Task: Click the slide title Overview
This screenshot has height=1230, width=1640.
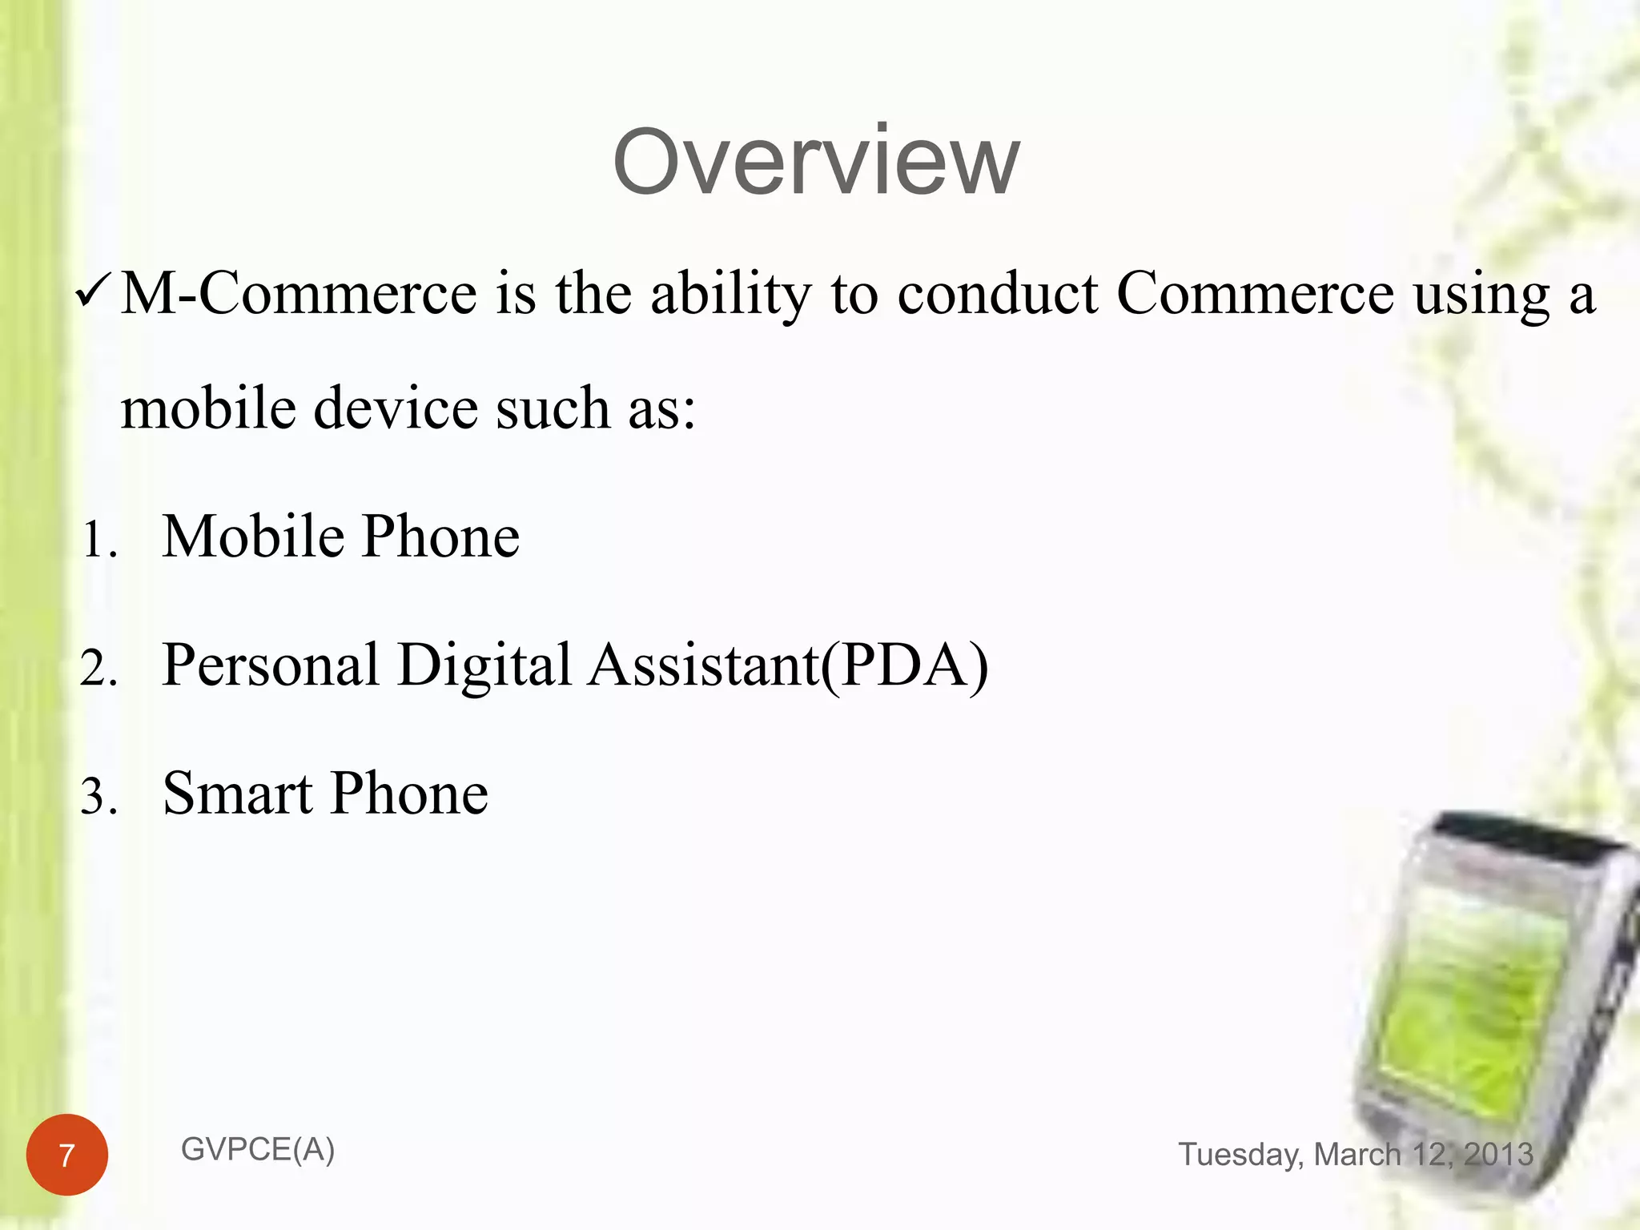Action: click(816, 163)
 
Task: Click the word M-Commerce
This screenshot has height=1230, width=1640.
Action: click(299, 294)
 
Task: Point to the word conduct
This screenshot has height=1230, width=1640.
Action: click(998, 294)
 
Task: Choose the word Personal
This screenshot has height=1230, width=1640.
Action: click(271, 665)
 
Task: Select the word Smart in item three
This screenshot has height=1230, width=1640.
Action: click(237, 794)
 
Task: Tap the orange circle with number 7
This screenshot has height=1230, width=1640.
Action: click(67, 1155)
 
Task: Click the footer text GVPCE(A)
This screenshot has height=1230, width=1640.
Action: click(258, 1150)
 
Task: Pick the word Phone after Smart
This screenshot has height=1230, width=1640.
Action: click(409, 794)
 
